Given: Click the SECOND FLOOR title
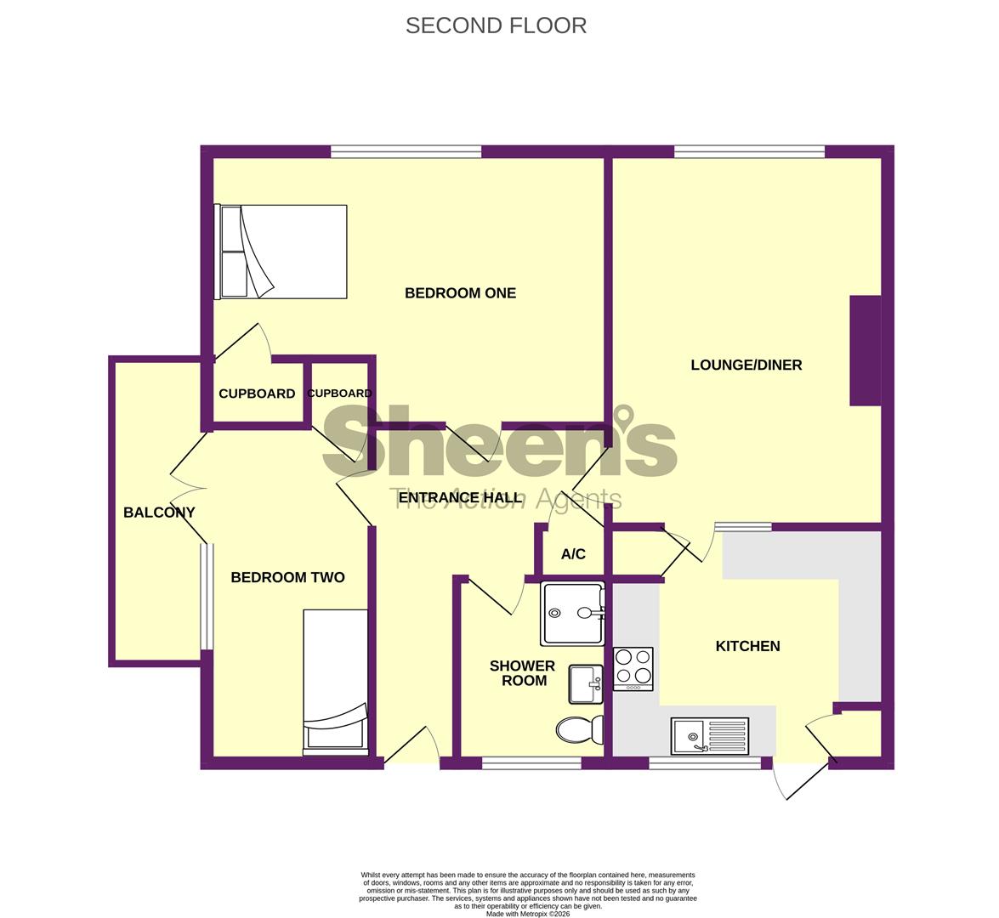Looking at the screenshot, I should (496, 25).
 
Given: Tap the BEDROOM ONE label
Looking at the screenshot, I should (460, 293).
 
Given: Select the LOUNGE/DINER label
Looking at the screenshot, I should (746, 365).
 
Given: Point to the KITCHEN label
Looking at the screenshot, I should (747, 646).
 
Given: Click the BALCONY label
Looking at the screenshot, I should (159, 513).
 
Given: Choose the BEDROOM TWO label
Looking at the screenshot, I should (287, 578).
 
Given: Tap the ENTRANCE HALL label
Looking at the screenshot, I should (459, 497).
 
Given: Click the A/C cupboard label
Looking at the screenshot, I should (573, 554).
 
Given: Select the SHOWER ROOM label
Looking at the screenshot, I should (522, 673).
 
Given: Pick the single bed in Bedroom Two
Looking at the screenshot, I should (336, 682).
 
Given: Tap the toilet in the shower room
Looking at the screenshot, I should (580, 729).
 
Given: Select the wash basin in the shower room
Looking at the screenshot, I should (586, 684).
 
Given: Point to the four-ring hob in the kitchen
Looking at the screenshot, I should (633, 668).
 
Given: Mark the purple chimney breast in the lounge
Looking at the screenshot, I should (865, 350).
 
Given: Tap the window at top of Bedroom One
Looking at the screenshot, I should (406, 153).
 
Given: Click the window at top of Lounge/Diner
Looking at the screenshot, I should (749, 153).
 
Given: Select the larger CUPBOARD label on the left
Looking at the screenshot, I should (257, 394).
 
